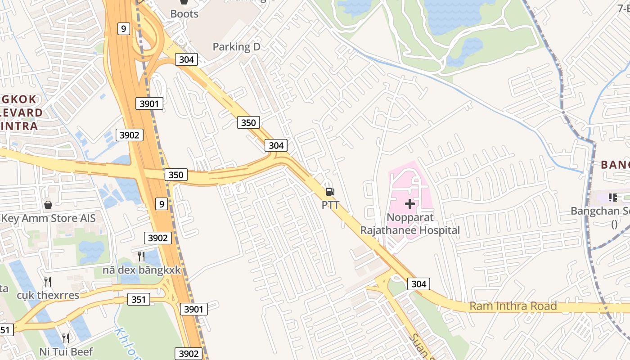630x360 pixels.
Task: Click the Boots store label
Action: (x=184, y=14)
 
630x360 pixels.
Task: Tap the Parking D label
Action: (x=237, y=46)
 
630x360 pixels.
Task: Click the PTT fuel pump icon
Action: (x=330, y=192)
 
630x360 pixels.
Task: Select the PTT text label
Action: (x=330, y=205)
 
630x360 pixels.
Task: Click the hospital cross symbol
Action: (x=409, y=204)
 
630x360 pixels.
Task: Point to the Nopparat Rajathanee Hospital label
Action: (x=410, y=224)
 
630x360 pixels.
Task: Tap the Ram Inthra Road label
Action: (x=513, y=306)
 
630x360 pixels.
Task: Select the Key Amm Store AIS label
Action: (x=49, y=218)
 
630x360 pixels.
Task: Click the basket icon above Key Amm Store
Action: (x=48, y=205)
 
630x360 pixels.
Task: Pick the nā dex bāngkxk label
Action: (x=141, y=270)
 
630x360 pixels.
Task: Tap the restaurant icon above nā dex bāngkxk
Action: (x=141, y=256)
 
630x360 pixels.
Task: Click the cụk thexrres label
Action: (x=48, y=295)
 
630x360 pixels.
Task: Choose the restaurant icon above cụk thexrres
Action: (x=48, y=282)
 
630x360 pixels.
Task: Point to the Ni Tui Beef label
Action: (x=66, y=351)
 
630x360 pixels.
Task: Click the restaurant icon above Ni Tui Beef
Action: (x=66, y=338)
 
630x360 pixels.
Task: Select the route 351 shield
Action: (x=138, y=299)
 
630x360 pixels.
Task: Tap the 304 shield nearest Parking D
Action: (x=186, y=59)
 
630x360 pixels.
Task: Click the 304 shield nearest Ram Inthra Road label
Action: (x=418, y=283)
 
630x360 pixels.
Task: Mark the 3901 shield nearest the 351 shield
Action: (x=194, y=309)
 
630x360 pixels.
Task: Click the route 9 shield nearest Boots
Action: (x=124, y=29)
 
